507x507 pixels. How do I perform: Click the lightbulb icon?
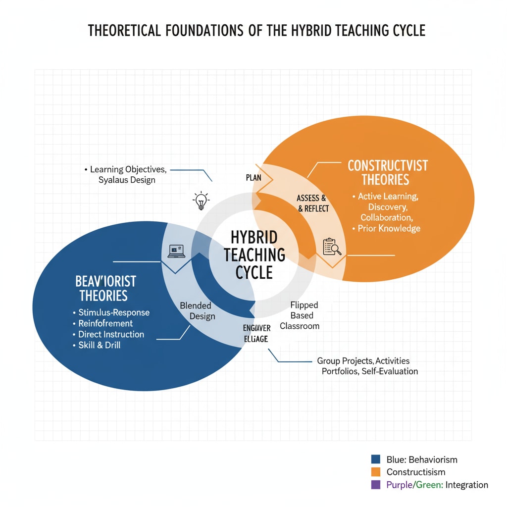pos(201,201)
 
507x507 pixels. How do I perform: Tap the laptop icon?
pos(176,251)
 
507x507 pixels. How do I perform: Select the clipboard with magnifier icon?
pos(332,247)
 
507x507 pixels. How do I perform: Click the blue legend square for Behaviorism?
pos(375,459)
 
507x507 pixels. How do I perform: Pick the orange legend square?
pos(375,472)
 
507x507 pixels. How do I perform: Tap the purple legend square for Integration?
pos(375,485)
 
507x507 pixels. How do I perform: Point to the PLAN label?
pos(253,178)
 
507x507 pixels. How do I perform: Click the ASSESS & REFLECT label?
pos(312,203)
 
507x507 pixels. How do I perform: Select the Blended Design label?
pos(196,311)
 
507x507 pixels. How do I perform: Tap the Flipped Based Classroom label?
pos(299,315)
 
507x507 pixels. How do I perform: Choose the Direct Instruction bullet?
pos(111,334)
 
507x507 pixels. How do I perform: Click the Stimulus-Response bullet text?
pos(114,312)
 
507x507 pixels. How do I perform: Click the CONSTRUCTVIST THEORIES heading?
pos(387,172)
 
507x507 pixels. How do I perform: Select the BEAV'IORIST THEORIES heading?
pos(105,289)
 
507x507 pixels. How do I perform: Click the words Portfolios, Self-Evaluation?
pos(367,371)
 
